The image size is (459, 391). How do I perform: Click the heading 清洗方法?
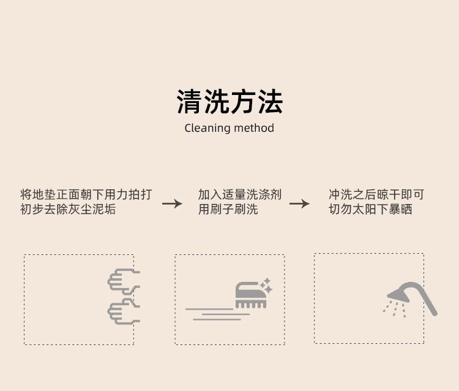229,101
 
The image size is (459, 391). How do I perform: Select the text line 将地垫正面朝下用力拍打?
86,195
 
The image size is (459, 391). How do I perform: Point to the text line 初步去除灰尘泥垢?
68,209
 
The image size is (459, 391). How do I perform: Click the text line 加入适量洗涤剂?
240,195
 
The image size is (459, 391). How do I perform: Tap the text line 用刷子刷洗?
228,209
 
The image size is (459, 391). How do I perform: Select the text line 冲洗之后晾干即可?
376,195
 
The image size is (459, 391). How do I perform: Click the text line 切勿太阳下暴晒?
371,209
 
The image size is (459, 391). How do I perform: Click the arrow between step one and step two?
172,203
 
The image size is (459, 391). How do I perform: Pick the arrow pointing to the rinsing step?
299,203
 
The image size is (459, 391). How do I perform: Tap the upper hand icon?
124,281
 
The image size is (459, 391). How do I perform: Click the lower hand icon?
124,311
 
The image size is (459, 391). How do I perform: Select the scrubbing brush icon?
251,295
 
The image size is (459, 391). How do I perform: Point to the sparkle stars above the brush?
266,285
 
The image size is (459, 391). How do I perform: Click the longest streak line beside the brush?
209,309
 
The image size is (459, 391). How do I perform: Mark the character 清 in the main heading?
189,101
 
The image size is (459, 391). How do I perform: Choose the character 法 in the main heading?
270,101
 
